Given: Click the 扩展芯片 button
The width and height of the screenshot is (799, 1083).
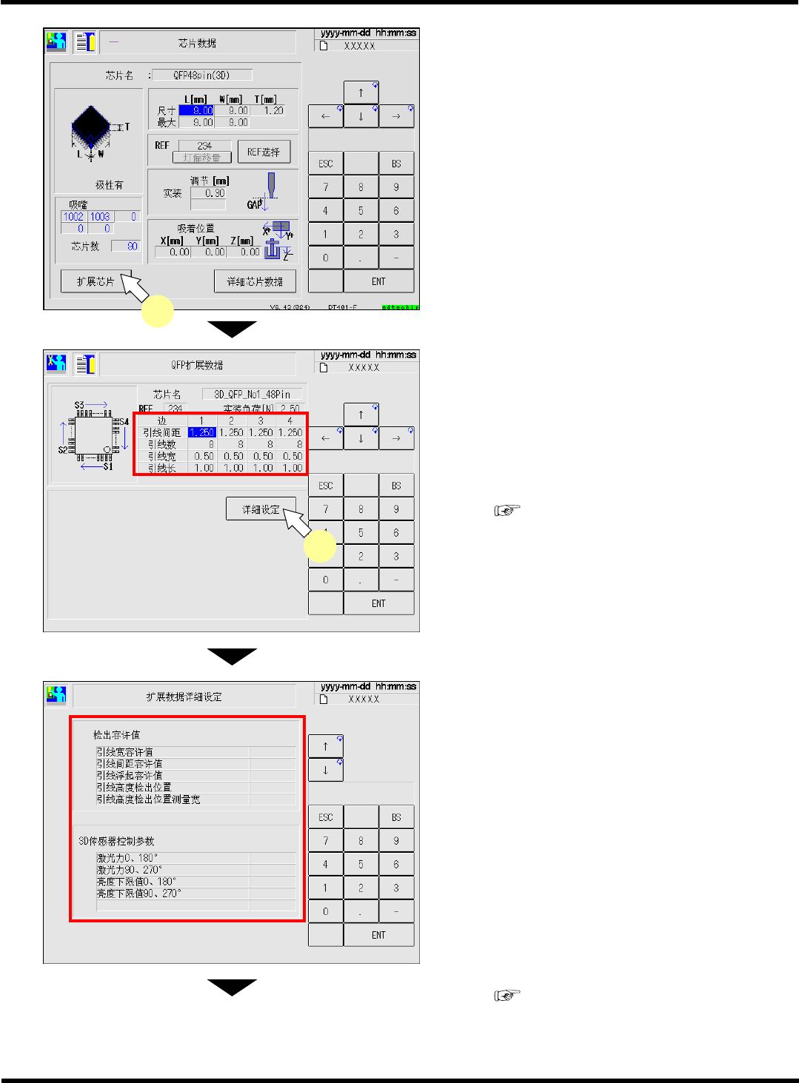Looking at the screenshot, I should [x=96, y=281].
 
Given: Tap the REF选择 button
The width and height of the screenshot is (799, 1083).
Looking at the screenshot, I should [x=264, y=152].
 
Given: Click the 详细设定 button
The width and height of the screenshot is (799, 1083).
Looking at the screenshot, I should [x=261, y=509].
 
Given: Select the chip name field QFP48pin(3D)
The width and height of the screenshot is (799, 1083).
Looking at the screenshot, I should [x=201, y=75].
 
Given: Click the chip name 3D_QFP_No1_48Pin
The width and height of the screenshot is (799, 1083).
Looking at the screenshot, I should [x=252, y=395].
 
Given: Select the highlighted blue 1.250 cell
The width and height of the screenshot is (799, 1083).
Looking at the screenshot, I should [x=201, y=432].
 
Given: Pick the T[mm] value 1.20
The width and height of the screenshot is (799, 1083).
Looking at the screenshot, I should [x=273, y=110].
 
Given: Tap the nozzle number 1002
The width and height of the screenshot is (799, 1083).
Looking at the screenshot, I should [x=73, y=217].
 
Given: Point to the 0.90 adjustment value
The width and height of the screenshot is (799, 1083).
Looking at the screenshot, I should [x=215, y=193].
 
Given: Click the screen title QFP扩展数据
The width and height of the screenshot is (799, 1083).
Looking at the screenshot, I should [x=197, y=365].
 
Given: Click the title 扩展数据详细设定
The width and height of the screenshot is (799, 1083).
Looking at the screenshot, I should [x=184, y=697].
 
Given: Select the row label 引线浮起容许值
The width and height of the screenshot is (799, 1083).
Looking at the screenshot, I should [x=130, y=776].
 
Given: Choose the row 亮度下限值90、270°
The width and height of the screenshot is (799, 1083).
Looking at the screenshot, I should [x=139, y=893].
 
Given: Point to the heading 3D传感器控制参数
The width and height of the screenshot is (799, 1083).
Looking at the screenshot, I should [x=116, y=841].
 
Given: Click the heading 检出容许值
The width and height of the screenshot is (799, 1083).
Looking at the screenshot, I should [x=116, y=735].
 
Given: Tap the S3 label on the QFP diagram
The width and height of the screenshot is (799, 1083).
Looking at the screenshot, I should [x=79, y=405].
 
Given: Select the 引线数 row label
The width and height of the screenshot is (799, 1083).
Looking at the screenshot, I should [x=161, y=445].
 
